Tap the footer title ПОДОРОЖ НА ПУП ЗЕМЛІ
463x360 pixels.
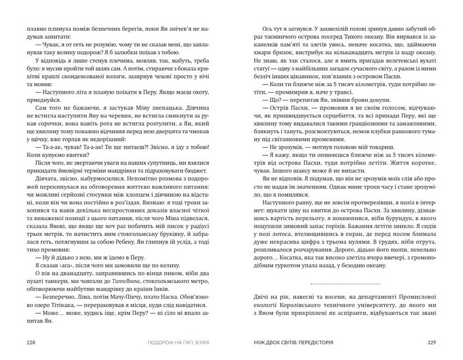pyautogui.click(x=176, y=343)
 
